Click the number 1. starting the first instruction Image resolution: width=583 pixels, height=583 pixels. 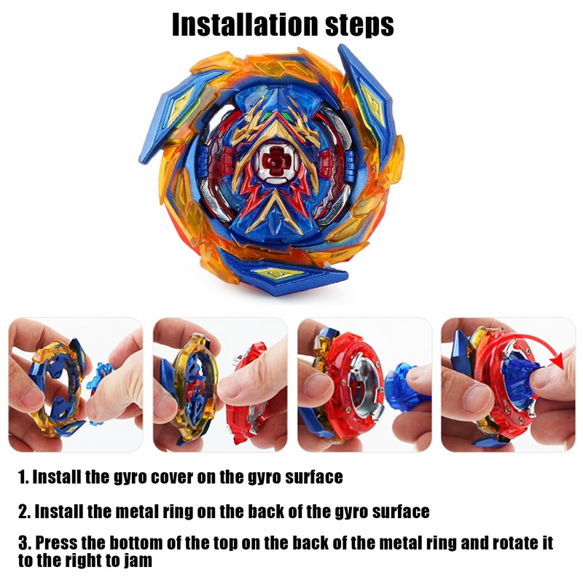tap(23, 478)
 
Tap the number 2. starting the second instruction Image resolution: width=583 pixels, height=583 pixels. tap(24, 512)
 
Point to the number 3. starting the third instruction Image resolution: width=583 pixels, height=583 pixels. tap(24, 544)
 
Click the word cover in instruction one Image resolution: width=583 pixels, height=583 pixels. tap(204, 478)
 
